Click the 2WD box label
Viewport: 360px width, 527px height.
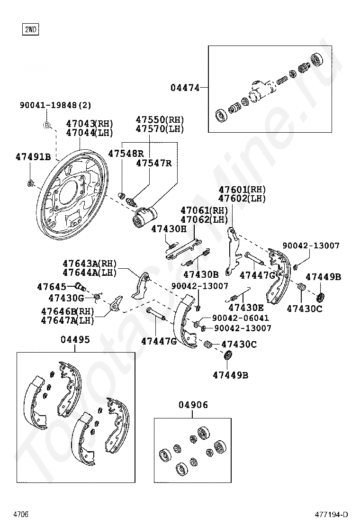[30, 30]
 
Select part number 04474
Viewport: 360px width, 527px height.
[185, 87]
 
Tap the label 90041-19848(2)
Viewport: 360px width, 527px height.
[55, 105]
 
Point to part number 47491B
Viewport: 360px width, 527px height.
[33, 156]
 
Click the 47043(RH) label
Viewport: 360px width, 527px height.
[90, 124]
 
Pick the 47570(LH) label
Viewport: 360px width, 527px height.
[160, 129]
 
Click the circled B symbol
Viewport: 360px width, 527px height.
[47, 125]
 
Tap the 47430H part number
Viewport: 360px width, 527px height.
[169, 229]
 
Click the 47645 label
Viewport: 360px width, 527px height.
[52, 286]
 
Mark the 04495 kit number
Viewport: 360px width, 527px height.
[75, 339]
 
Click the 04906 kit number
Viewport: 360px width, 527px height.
[193, 405]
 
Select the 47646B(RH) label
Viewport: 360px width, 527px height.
[67, 311]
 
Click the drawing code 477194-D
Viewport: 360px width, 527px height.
[332, 514]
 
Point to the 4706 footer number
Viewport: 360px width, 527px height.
[21, 514]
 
